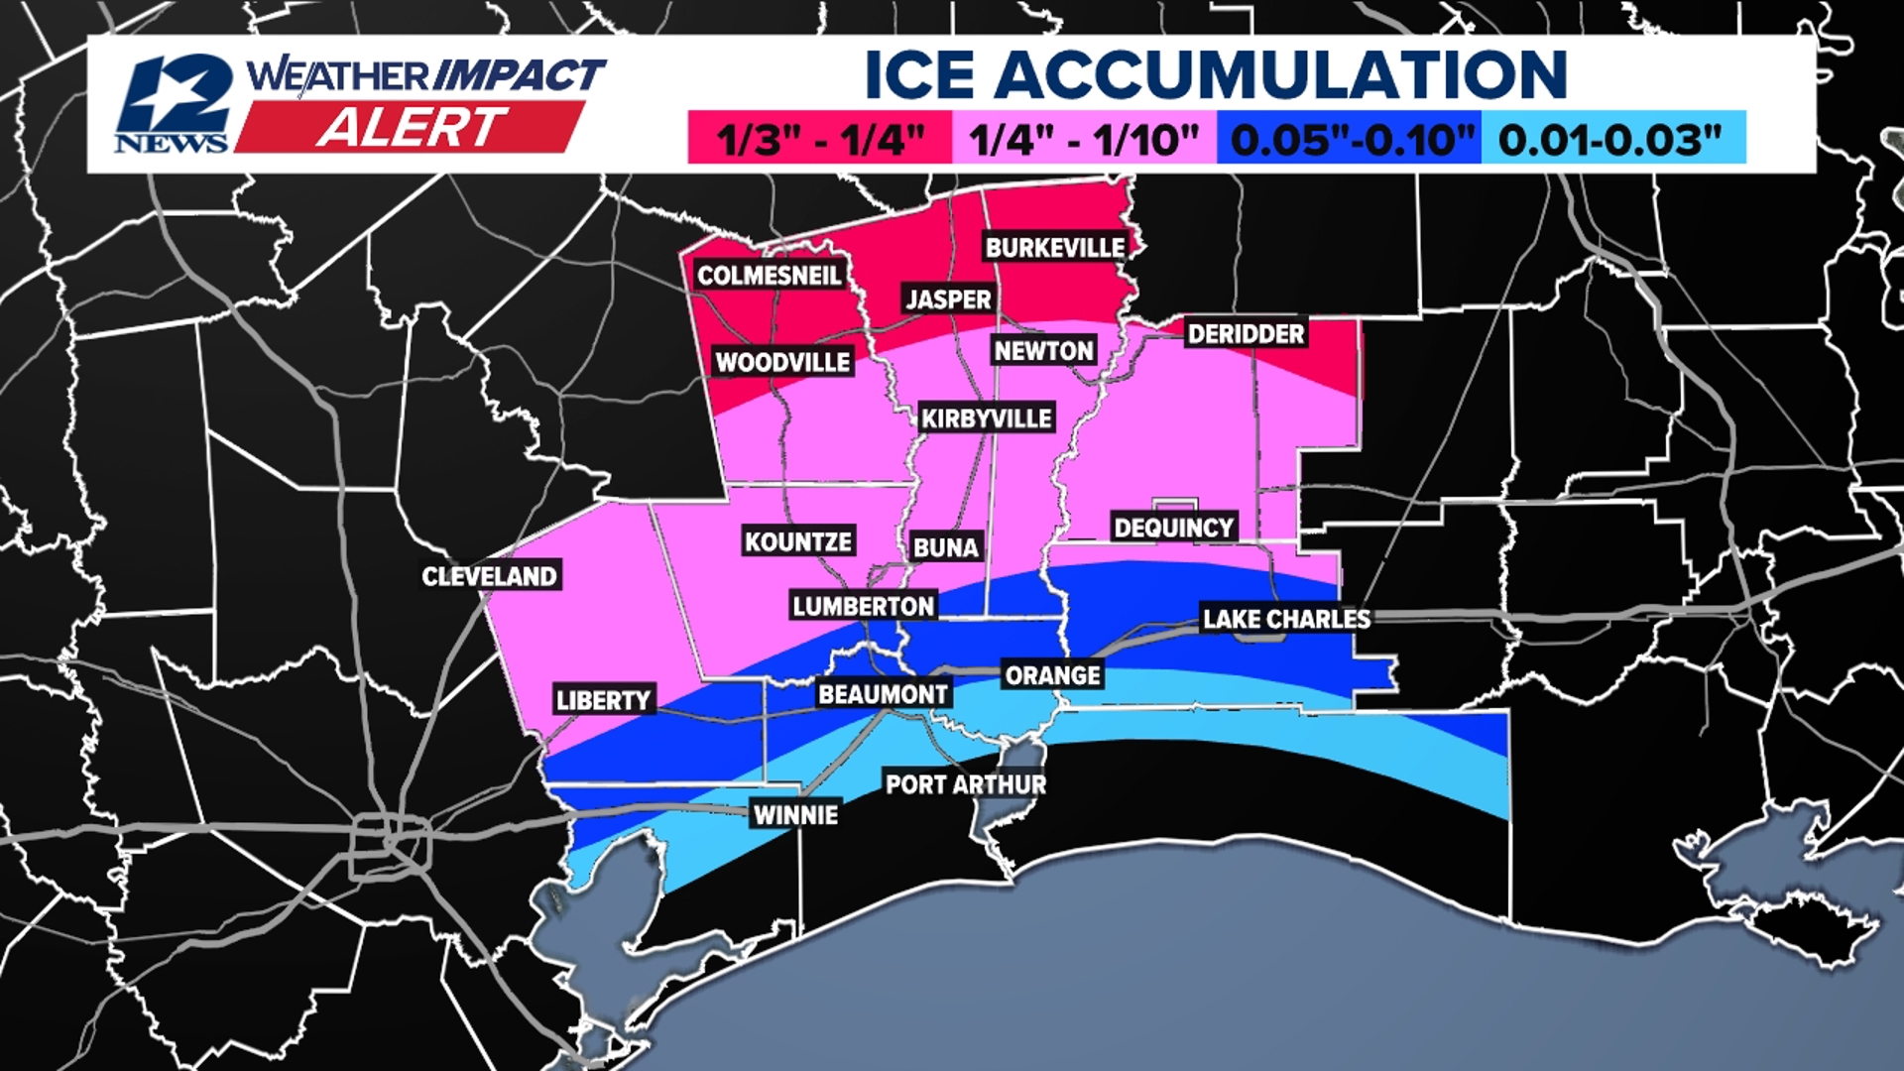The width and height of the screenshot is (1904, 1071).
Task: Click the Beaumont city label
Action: tap(883, 694)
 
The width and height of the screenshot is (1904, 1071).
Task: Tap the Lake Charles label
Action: tap(1286, 619)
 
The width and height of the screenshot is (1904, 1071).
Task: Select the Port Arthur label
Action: tap(965, 784)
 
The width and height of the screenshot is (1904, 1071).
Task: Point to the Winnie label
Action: tap(795, 815)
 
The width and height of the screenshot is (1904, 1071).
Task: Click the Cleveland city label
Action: tap(489, 576)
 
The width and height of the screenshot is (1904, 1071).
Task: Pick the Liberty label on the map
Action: tap(603, 700)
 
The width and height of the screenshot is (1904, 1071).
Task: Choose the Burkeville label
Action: tap(1055, 247)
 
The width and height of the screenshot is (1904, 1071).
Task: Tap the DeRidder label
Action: tap(1246, 333)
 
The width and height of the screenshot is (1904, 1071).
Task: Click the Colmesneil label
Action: tap(769, 275)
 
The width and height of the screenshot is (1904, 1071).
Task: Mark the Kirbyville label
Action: tap(986, 418)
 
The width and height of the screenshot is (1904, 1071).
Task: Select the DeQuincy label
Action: tap(1174, 528)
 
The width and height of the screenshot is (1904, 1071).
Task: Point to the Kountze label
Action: tap(798, 541)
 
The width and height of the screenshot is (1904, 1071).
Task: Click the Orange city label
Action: tap(1052, 675)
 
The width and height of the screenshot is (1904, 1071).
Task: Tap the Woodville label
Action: tap(782, 362)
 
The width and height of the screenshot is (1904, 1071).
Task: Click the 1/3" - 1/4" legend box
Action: tap(819, 139)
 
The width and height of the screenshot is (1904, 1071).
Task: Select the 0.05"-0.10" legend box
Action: tap(1349, 139)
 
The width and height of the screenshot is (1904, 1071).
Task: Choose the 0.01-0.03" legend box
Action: tap(1612, 139)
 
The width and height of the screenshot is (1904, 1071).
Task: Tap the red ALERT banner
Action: tap(411, 128)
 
